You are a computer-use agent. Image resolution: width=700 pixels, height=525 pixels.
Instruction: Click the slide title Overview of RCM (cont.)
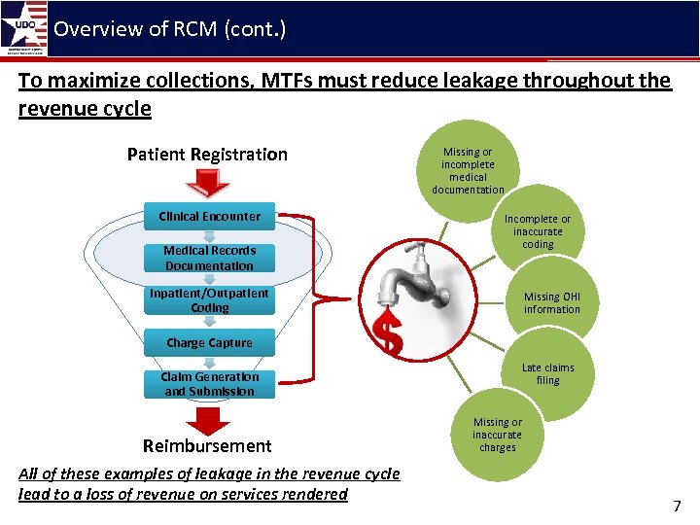coord(170,28)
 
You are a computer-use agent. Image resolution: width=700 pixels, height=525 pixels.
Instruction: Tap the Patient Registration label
coord(207,155)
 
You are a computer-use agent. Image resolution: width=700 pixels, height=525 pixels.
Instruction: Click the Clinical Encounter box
coord(209,217)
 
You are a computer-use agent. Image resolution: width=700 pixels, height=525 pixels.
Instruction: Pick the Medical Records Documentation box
coord(209,258)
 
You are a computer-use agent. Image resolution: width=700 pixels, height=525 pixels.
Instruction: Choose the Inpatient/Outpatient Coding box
coord(209,300)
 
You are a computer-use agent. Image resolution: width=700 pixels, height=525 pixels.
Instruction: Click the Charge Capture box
coord(209,343)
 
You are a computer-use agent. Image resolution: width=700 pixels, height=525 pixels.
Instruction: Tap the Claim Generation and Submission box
coord(209,384)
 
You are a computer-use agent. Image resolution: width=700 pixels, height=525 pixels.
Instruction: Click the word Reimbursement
coord(207,446)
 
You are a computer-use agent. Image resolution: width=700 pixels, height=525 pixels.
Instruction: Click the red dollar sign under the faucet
coord(390,332)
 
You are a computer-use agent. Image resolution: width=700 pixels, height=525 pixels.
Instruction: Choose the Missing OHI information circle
coord(551,303)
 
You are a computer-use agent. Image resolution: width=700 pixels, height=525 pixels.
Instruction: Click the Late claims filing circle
coord(547,373)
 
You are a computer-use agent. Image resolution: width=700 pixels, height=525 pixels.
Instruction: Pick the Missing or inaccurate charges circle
coord(497,435)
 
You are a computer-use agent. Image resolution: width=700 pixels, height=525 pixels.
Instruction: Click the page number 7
coord(677,506)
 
